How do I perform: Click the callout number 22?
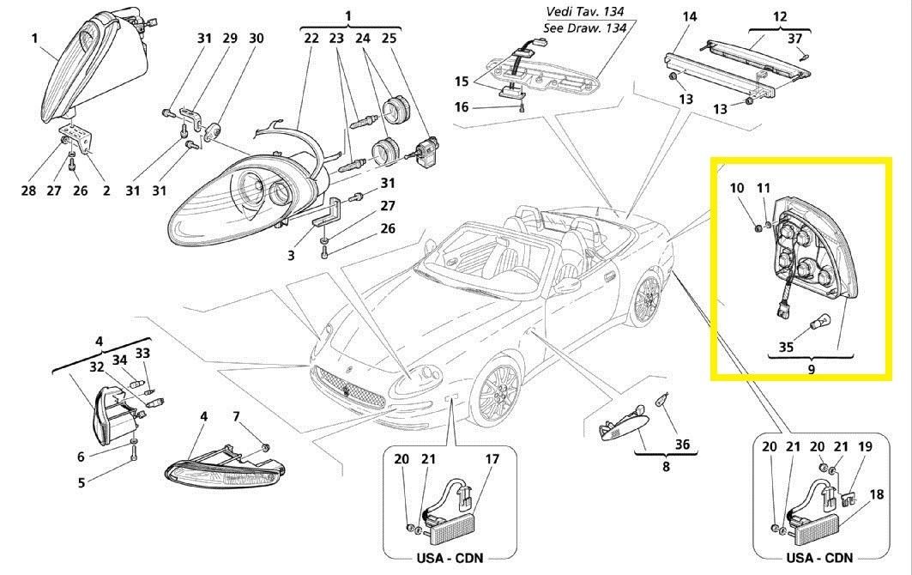[311, 39]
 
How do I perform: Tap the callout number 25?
[389, 39]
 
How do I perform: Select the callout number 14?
[690, 16]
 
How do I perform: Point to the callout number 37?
[794, 39]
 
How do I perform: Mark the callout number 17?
[492, 459]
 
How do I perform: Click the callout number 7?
[237, 417]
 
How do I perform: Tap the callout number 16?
[462, 107]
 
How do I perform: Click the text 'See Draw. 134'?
[584, 27]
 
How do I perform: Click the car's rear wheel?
[646, 298]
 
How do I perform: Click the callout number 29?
[230, 39]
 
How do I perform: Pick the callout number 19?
[865, 446]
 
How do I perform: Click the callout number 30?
[257, 39]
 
